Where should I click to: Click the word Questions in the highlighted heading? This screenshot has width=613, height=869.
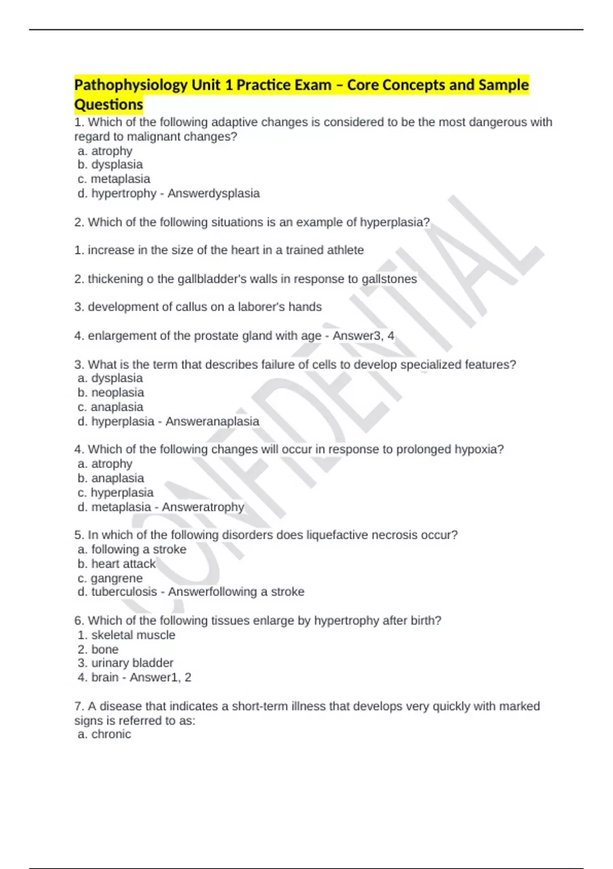109,105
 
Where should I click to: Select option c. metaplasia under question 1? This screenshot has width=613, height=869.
114,179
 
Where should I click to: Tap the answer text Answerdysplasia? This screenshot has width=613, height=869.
214,193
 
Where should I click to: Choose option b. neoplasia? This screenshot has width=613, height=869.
111,393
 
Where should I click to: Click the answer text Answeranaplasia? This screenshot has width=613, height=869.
212,421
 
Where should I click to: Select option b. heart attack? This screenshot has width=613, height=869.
116,563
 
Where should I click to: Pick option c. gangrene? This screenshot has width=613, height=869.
110,578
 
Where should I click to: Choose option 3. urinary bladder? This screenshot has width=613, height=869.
126,663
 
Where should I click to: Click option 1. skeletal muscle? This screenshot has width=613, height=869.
127,635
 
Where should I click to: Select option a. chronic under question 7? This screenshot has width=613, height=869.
105,734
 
